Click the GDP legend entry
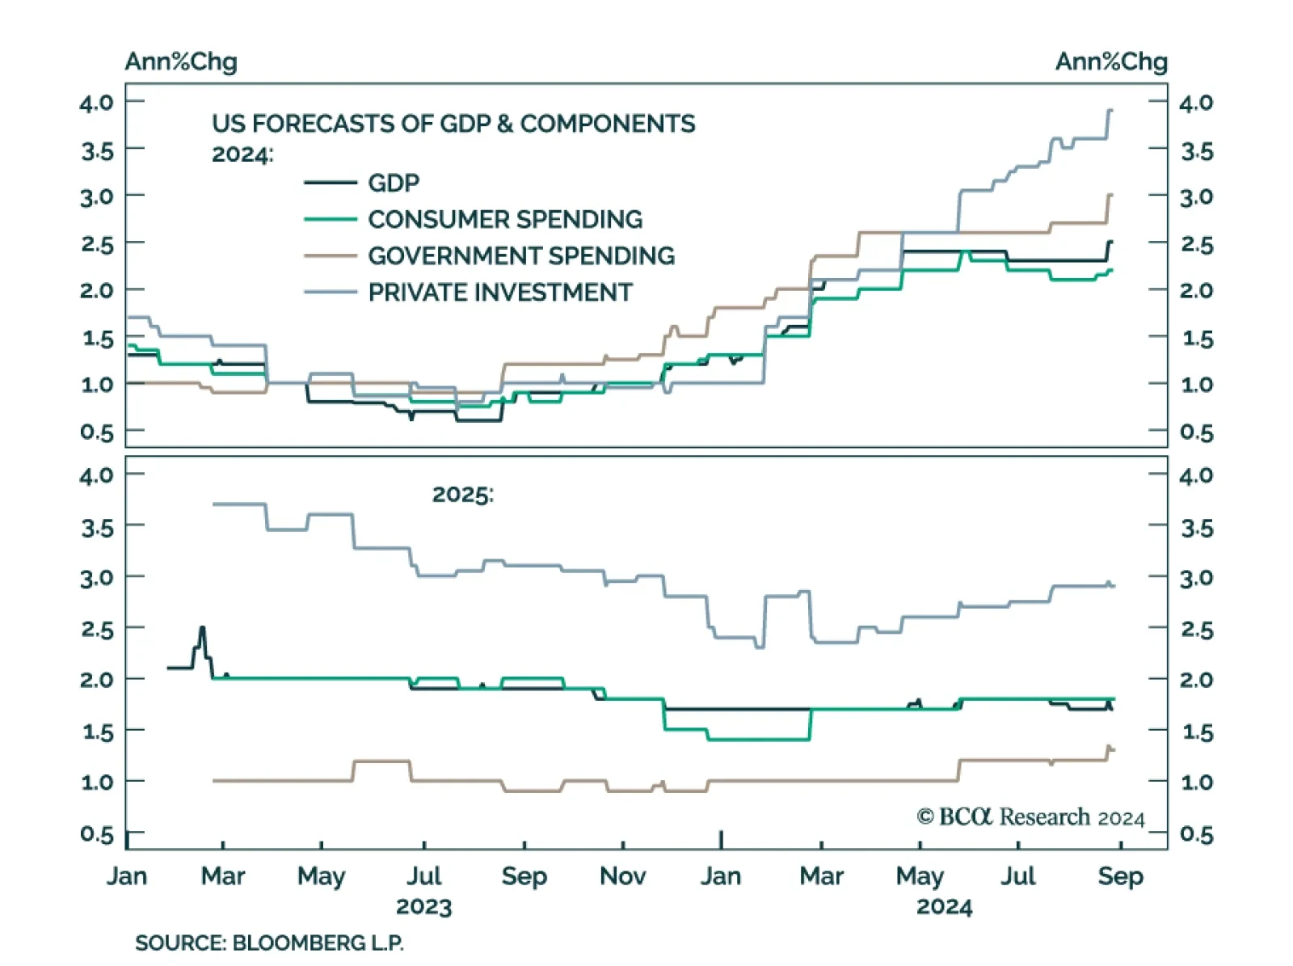pos(393,183)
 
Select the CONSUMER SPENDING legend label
pos(504,219)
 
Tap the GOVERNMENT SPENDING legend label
pos(520,255)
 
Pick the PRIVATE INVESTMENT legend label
pos(499,292)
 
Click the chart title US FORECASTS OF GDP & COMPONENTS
pos(453,124)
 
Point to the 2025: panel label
pos(462,494)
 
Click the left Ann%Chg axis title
pos(181,61)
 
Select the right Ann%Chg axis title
pos(1111,61)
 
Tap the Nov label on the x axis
pos(622,876)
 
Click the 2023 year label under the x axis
pos(423,907)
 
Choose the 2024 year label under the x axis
pos(944,907)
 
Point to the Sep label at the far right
pos(1120,876)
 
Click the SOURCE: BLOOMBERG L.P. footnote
pos(269,943)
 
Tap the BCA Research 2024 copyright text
pos(1030,817)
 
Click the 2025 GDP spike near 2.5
pos(202,628)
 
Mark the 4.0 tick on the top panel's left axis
pos(96,103)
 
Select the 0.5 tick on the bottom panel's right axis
pos(1196,834)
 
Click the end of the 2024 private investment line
pos(1111,111)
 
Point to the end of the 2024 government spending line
pos(1111,195)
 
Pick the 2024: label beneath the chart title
pos(242,154)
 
